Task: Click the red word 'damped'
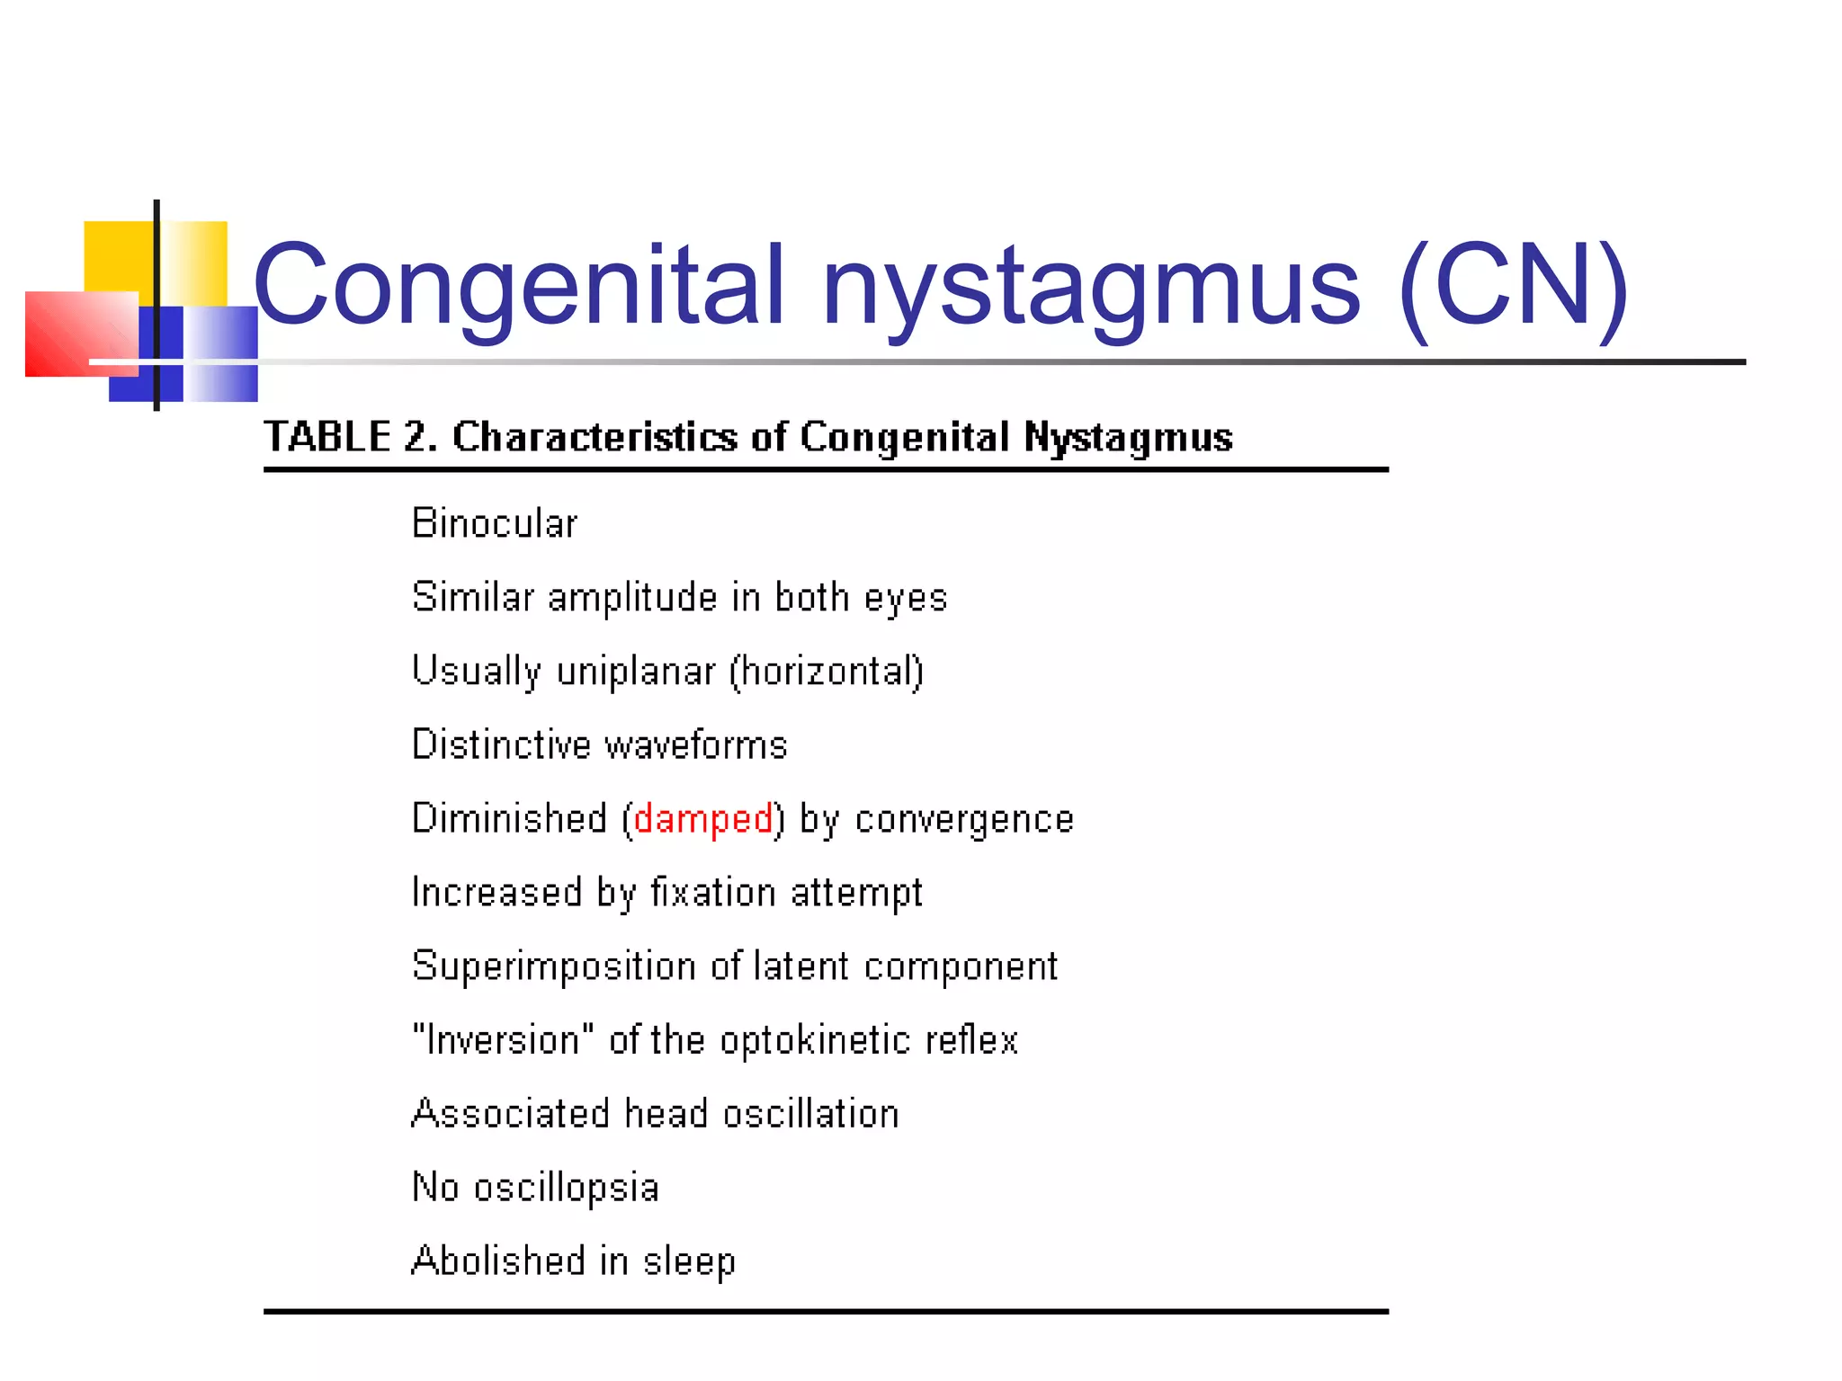[x=702, y=819]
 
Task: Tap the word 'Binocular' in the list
[x=494, y=523]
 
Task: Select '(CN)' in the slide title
[x=1514, y=286]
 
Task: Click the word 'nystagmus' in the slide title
[x=1091, y=286]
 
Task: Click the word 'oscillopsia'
[x=567, y=1188]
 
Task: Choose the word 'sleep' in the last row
[x=689, y=1261]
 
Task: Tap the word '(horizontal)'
[x=827, y=672]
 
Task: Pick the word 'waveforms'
[x=695, y=745]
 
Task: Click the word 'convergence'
[x=964, y=819]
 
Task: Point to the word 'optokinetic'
[x=816, y=1040]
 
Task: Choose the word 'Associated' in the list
[x=510, y=1114]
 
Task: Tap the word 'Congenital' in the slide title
[x=520, y=286]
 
